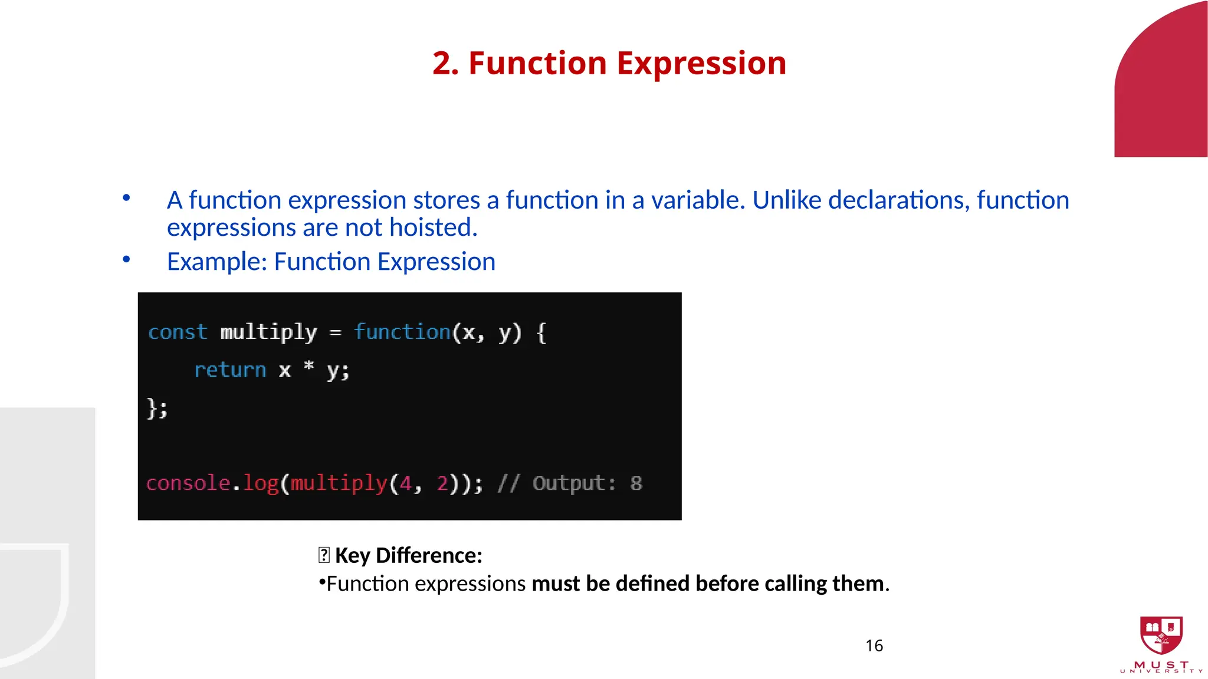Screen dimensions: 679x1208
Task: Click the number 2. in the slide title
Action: (x=445, y=63)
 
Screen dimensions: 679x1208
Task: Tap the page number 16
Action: (x=874, y=646)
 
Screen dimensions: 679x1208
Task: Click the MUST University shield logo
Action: (x=1161, y=635)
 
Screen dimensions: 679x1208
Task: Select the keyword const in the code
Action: (x=178, y=332)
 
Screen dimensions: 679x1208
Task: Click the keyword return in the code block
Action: (x=230, y=370)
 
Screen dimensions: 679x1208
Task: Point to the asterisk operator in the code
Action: (x=308, y=367)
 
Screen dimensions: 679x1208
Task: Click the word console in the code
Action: (x=188, y=483)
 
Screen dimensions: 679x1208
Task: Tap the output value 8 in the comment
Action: (x=636, y=484)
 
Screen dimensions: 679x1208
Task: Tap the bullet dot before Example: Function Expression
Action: (x=126, y=259)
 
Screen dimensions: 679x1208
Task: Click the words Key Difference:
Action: (x=408, y=555)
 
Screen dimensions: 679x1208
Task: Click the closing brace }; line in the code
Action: (x=157, y=408)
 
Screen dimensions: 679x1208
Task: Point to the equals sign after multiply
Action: (x=335, y=333)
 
